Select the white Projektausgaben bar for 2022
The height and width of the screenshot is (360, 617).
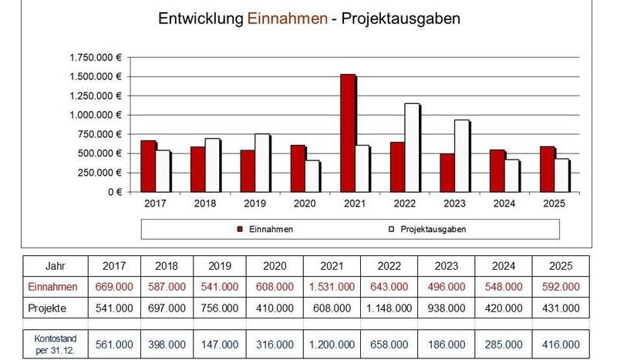click(413, 147)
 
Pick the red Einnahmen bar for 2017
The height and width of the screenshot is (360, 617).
click(148, 166)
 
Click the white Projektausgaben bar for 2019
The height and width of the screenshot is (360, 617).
click(263, 163)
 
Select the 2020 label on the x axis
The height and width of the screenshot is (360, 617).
click(305, 204)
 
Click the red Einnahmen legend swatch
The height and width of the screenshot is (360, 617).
click(240, 229)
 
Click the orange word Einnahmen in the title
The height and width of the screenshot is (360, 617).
click(287, 19)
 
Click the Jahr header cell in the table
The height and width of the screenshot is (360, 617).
click(56, 265)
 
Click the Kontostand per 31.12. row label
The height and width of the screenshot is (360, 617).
click(56, 343)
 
